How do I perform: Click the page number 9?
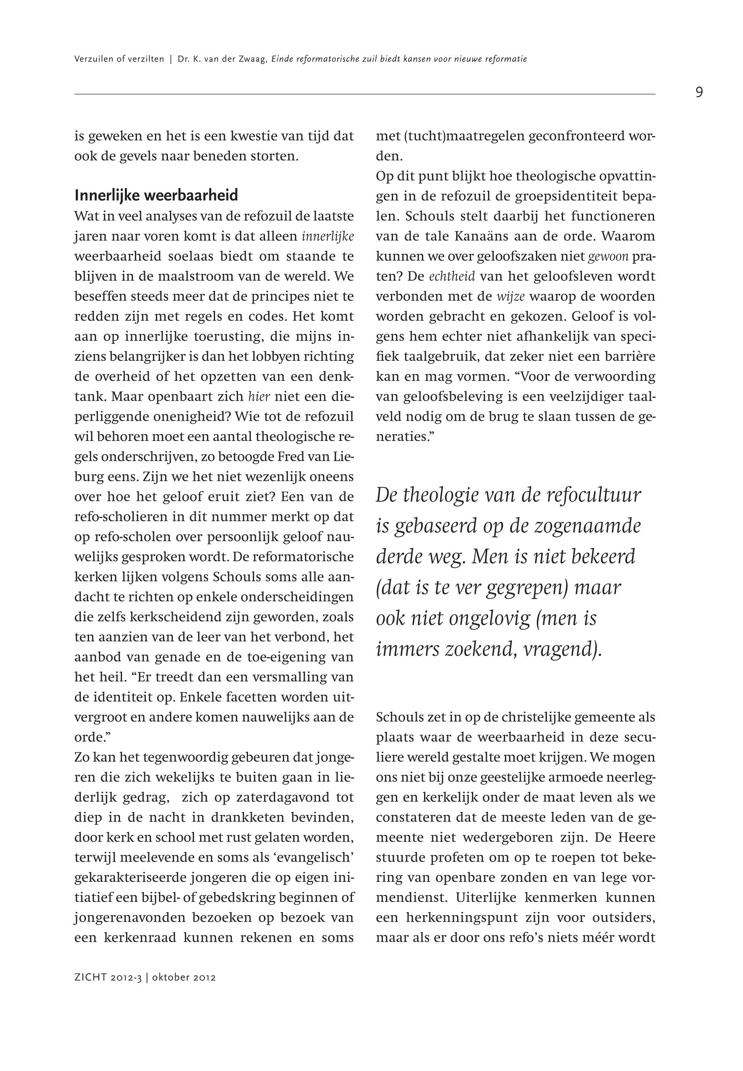[x=699, y=93]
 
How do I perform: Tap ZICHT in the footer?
[x=90, y=978]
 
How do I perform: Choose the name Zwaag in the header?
[x=254, y=59]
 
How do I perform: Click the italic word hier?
[x=259, y=397]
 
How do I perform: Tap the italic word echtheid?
[x=451, y=277]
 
